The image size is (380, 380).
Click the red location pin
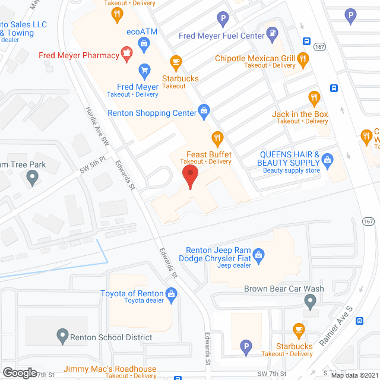(x=189, y=176)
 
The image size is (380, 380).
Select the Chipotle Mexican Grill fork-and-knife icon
(x=303, y=58)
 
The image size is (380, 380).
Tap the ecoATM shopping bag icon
(x=144, y=43)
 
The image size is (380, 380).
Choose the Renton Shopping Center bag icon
(x=204, y=110)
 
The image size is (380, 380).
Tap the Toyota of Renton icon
(x=171, y=293)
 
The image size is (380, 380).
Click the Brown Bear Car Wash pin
(x=309, y=303)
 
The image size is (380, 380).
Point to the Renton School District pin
(x=62, y=337)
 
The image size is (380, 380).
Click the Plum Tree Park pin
(x=33, y=177)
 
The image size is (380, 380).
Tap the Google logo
(x=20, y=372)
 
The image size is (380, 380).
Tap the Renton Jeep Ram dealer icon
(x=258, y=255)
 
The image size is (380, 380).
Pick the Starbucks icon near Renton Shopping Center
(x=175, y=62)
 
